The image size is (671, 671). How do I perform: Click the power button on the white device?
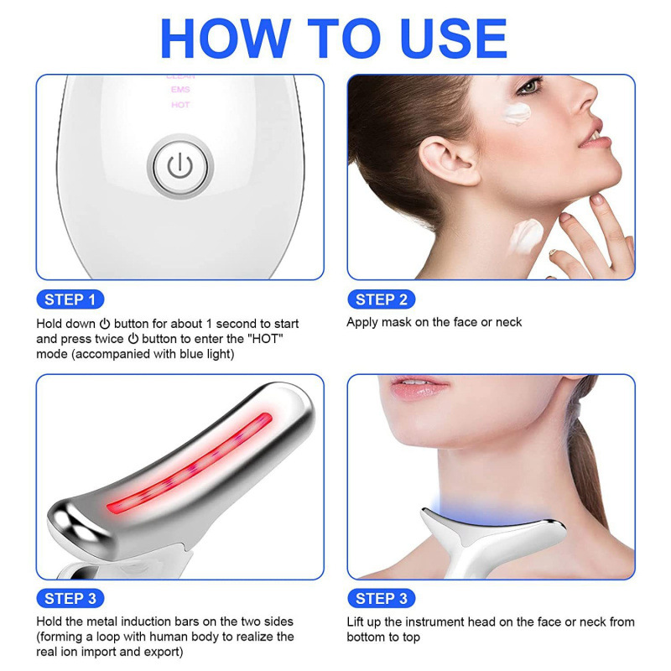point(179,166)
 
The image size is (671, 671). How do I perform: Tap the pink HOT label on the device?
point(180,105)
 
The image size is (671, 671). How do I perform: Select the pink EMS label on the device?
point(180,90)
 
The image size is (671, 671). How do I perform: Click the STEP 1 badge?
point(70,300)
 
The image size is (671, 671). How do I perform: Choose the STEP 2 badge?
point(381,300)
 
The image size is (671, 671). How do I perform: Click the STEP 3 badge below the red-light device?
point(70,599)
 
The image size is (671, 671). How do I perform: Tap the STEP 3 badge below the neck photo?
point(381,599)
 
